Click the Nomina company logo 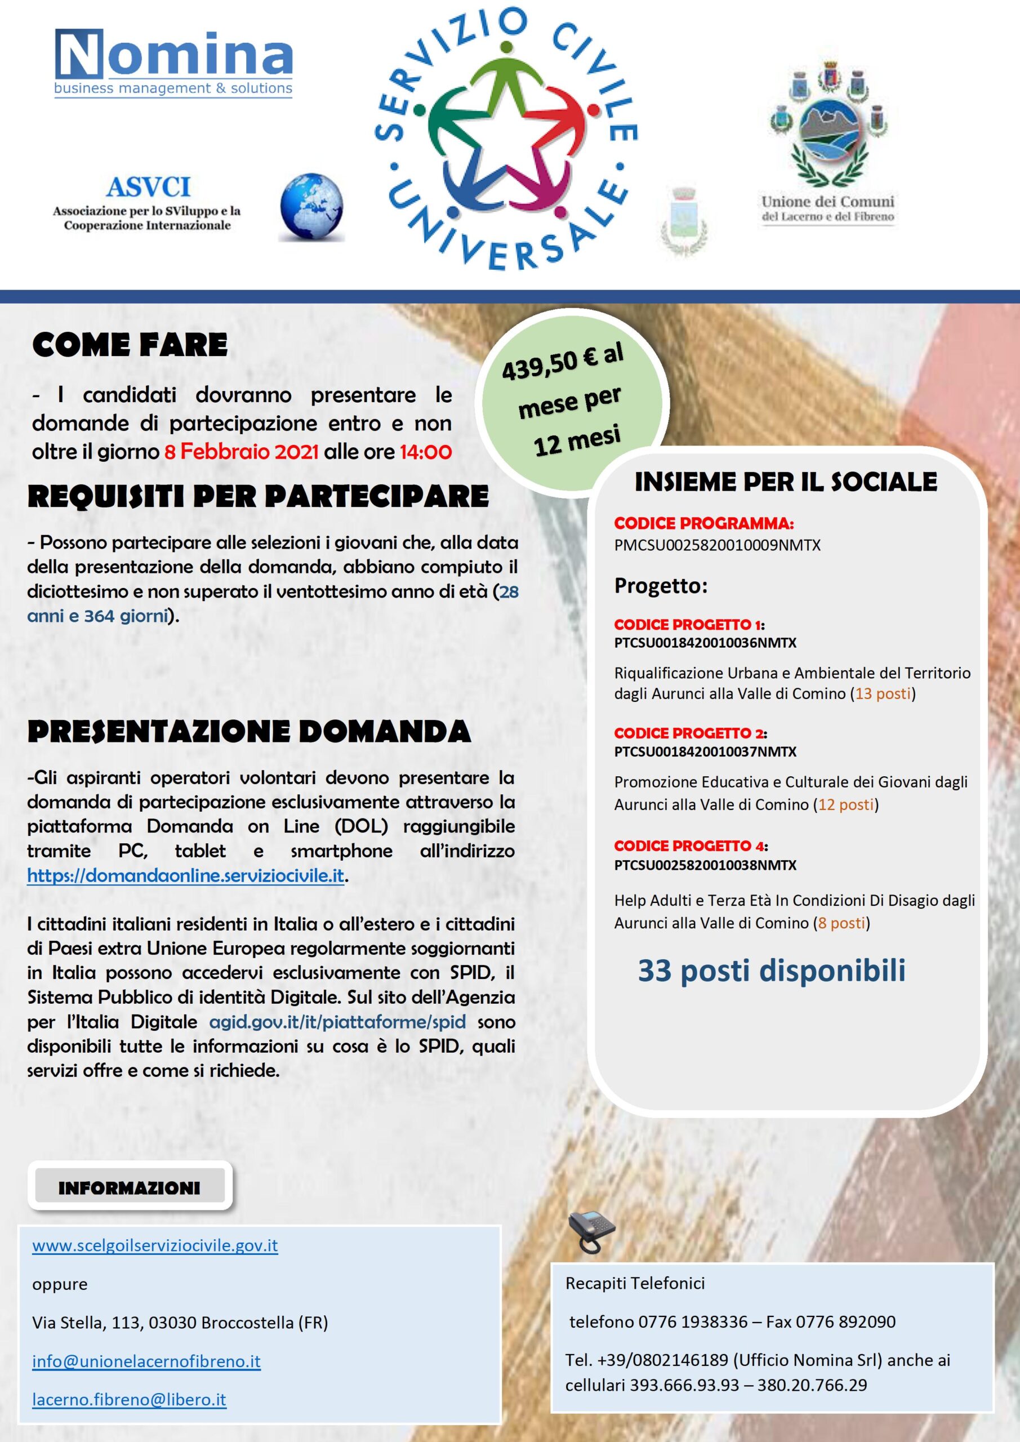pos(173,63)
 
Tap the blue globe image pos(311,207)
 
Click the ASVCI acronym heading pos(148,187)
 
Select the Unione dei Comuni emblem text pos(827,208)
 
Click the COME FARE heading pos(130,345)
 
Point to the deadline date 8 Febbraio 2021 pos(241,452)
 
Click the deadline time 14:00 pos(425,452)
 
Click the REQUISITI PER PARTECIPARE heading pos(258,496)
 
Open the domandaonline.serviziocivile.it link pos(185,875)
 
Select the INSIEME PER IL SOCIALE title pos(786,482)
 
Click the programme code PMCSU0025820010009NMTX pos(717,545)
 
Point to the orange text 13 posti pos(883,694)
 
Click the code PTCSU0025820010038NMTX pos(705,865)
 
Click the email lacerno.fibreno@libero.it pos(129,1400)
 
